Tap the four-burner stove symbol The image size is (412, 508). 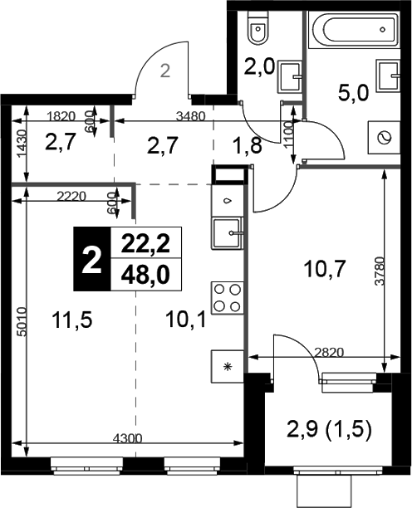coord(228,298)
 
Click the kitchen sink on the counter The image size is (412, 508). coord(228,233)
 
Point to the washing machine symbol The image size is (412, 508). coord(384,137)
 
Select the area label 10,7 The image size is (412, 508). coord(325,269)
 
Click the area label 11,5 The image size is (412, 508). coord(72,320)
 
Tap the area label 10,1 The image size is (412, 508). coord(185,320)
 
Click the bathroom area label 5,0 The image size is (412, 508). coord(353,92)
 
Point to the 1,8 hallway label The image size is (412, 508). coord(248,145)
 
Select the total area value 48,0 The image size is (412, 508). coord(145,276)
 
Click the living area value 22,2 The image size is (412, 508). coord(145,244)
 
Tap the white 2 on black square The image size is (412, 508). coord(92,259)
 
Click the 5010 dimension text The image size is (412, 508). coord(22,322)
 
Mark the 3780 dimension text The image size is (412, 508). coord(380,271)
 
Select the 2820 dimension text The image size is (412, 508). coord(328,352)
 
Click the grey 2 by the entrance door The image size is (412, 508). coord(165,71)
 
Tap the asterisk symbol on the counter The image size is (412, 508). coord(228,367)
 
